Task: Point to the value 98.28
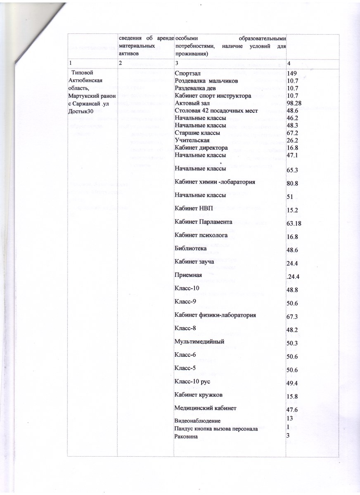click(x=295, y=103)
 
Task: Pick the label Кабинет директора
click(x=201, y=148)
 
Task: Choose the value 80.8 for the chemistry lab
click(x=293, y=182)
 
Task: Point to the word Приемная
click(x=188, y=275)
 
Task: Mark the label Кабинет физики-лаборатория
click(x=215, y=316)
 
